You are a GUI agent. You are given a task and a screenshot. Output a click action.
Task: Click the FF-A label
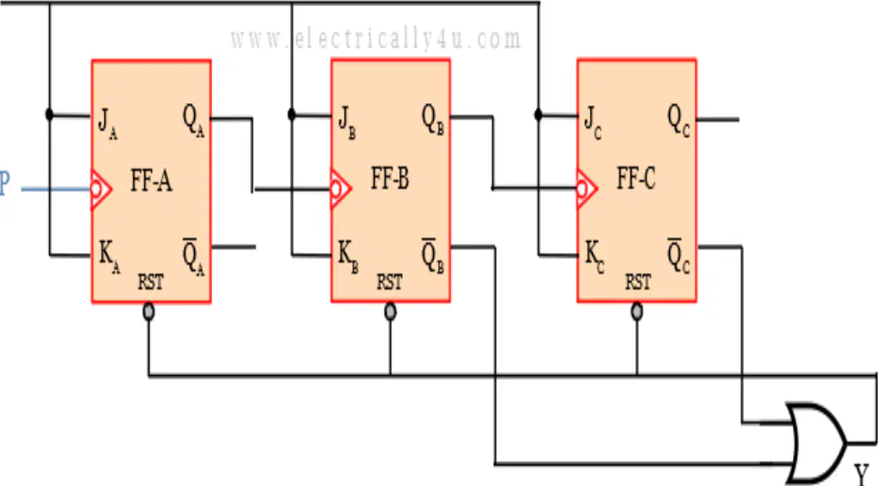[x=151, y=181]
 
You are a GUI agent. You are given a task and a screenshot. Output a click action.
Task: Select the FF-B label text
[x=390, y=179]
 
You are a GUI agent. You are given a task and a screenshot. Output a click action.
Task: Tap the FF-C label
[x=636, y=179]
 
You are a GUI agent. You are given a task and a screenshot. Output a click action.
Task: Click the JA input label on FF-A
[x=107, y=123]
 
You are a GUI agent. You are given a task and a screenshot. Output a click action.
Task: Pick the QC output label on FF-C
[x=679, y=120]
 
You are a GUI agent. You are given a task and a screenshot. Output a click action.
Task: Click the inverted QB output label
[x=433, y=256]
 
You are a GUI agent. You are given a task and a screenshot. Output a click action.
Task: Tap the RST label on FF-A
[x=150, y=281]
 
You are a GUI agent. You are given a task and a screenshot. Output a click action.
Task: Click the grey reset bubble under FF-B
[x=390, y=311]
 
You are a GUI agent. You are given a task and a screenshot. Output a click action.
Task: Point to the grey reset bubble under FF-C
[x=637, y=311]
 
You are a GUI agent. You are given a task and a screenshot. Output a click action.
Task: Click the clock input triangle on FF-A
[x=101, y=189]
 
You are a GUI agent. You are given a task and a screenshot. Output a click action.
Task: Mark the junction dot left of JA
[x=49, y=115]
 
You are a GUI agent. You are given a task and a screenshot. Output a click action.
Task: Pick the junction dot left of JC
[x=538, y=115]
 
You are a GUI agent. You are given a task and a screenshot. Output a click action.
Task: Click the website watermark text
[x=375, y=40]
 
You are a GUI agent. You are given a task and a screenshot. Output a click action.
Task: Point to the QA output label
[x=194, y=120]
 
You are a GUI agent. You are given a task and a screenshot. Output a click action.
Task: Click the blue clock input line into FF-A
[x=56, y=189]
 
